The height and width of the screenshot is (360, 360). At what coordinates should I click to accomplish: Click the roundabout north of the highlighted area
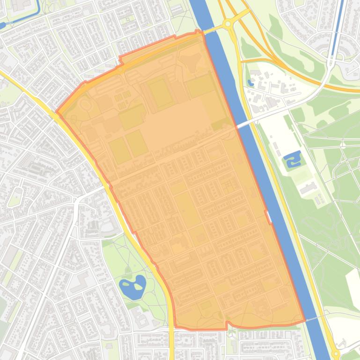click(x=228, y=23)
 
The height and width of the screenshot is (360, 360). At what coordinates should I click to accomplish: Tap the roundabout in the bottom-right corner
click(x=335, y=354)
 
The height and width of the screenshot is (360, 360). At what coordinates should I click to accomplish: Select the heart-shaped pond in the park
click(x=132, y=286)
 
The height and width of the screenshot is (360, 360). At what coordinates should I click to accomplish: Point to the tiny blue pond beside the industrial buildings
click(x=251, y=83)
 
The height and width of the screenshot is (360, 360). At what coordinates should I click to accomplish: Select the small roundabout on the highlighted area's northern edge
click(x=121, y=70)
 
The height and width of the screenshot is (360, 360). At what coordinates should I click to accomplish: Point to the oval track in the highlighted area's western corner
click(x=85, y=104)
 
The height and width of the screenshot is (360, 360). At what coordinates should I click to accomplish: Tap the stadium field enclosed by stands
click(x=161, y=92)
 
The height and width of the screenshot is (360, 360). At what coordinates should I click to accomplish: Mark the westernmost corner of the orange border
click(x=57, y=113)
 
